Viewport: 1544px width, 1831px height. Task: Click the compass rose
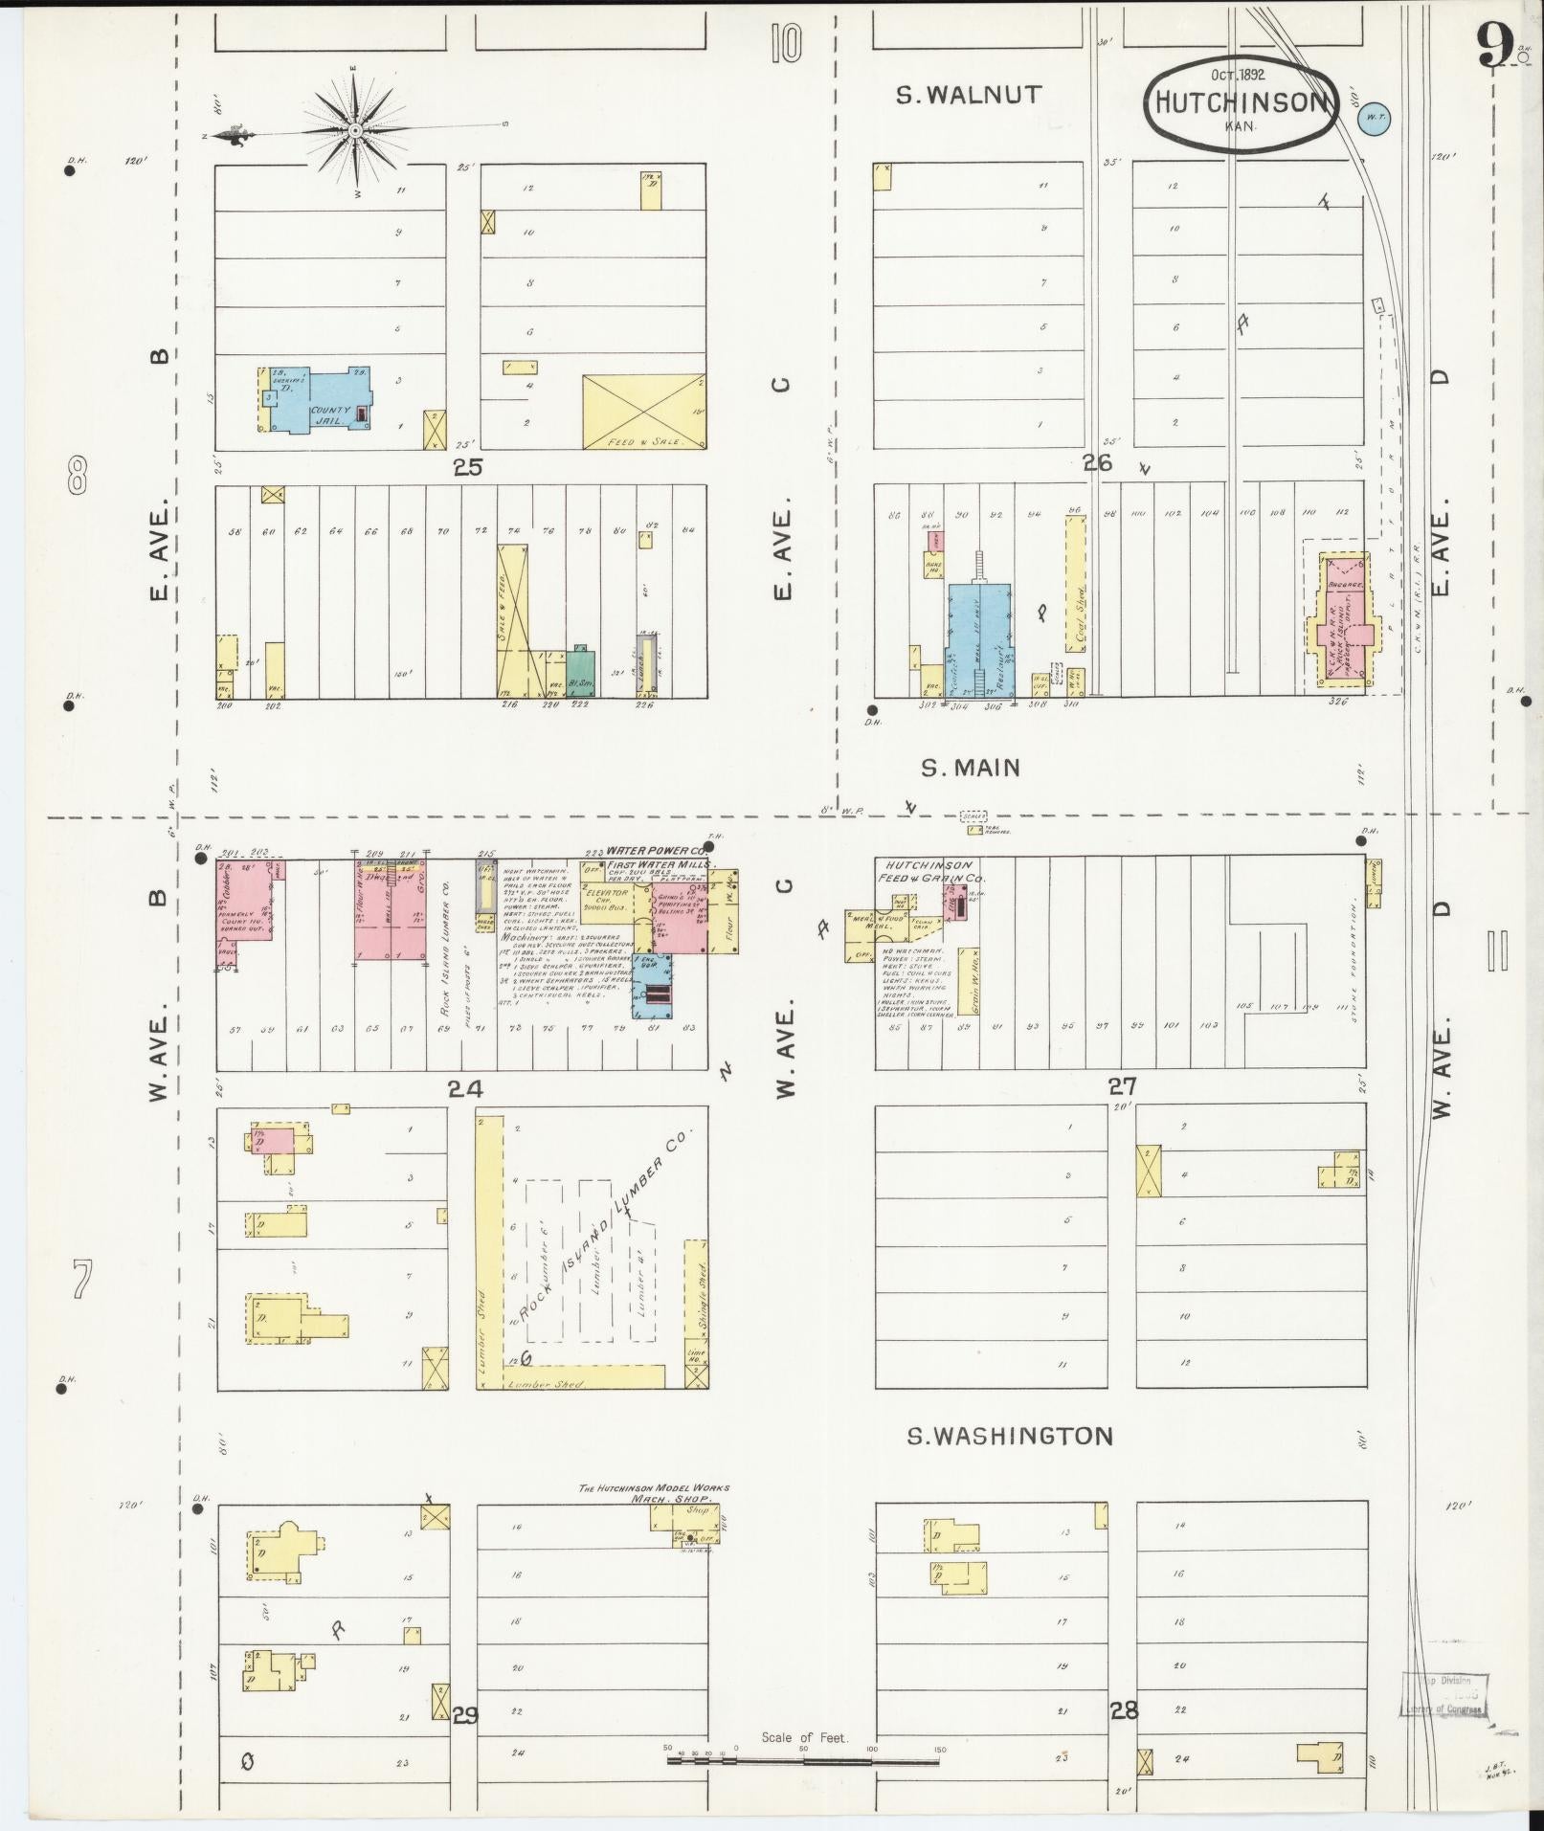354,129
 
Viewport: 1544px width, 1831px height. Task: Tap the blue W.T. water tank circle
1375,119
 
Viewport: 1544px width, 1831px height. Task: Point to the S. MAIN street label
971,767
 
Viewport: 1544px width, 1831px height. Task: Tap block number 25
468,467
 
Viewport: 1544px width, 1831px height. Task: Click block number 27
1122,1086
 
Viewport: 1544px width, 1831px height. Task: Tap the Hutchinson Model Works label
654,1514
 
